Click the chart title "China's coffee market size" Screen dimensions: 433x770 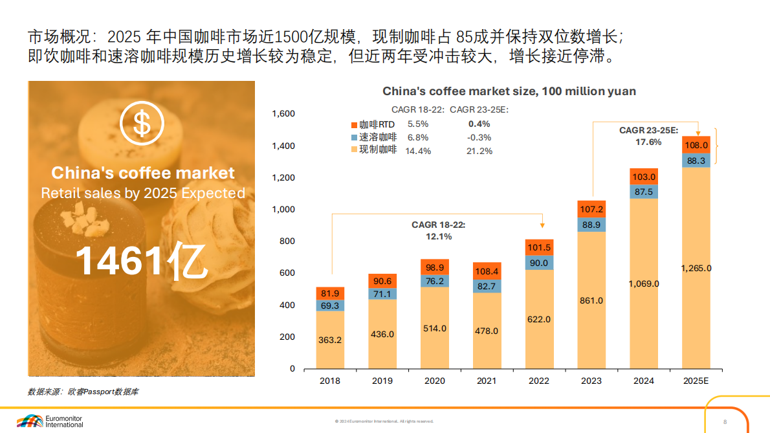(x=509, y=91)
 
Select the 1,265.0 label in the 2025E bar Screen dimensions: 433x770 (x=696, y=268)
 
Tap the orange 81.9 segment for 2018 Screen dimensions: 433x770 (x=330, y=293)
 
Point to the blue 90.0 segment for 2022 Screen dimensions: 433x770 (x=539, y=263)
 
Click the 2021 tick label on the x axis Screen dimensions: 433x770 (x=487, y=381)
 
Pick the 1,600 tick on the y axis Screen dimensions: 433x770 (x=284, y=114)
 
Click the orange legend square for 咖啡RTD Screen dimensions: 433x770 (x=354, y=124)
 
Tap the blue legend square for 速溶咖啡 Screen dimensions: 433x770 (x=354, y=137)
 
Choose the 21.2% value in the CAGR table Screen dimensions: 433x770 (x=479, y=151)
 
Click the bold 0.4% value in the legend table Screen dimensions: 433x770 (x=479, y=124)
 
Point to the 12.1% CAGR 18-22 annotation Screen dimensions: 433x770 (x=439, y=236)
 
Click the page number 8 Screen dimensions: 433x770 (x=725, y=421)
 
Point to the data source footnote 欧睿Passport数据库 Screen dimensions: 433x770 (x=83, y=392)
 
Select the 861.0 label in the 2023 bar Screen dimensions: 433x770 (x=591, y=300)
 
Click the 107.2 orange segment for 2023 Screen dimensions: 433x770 (x=591, y=209)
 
